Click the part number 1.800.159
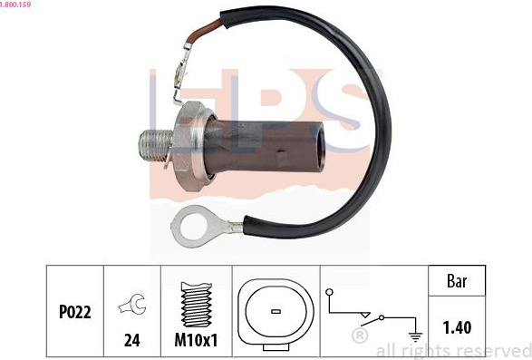(15, 5)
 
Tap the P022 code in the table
(75, 312)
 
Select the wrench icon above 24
(132, 304)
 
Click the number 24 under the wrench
(132, 340)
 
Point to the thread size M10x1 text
(196, 340)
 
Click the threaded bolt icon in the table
(197, 305)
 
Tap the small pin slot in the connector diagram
(276, 311)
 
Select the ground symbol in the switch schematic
(415, 336)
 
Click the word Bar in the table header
(457, 281)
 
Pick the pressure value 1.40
(457, 327)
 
